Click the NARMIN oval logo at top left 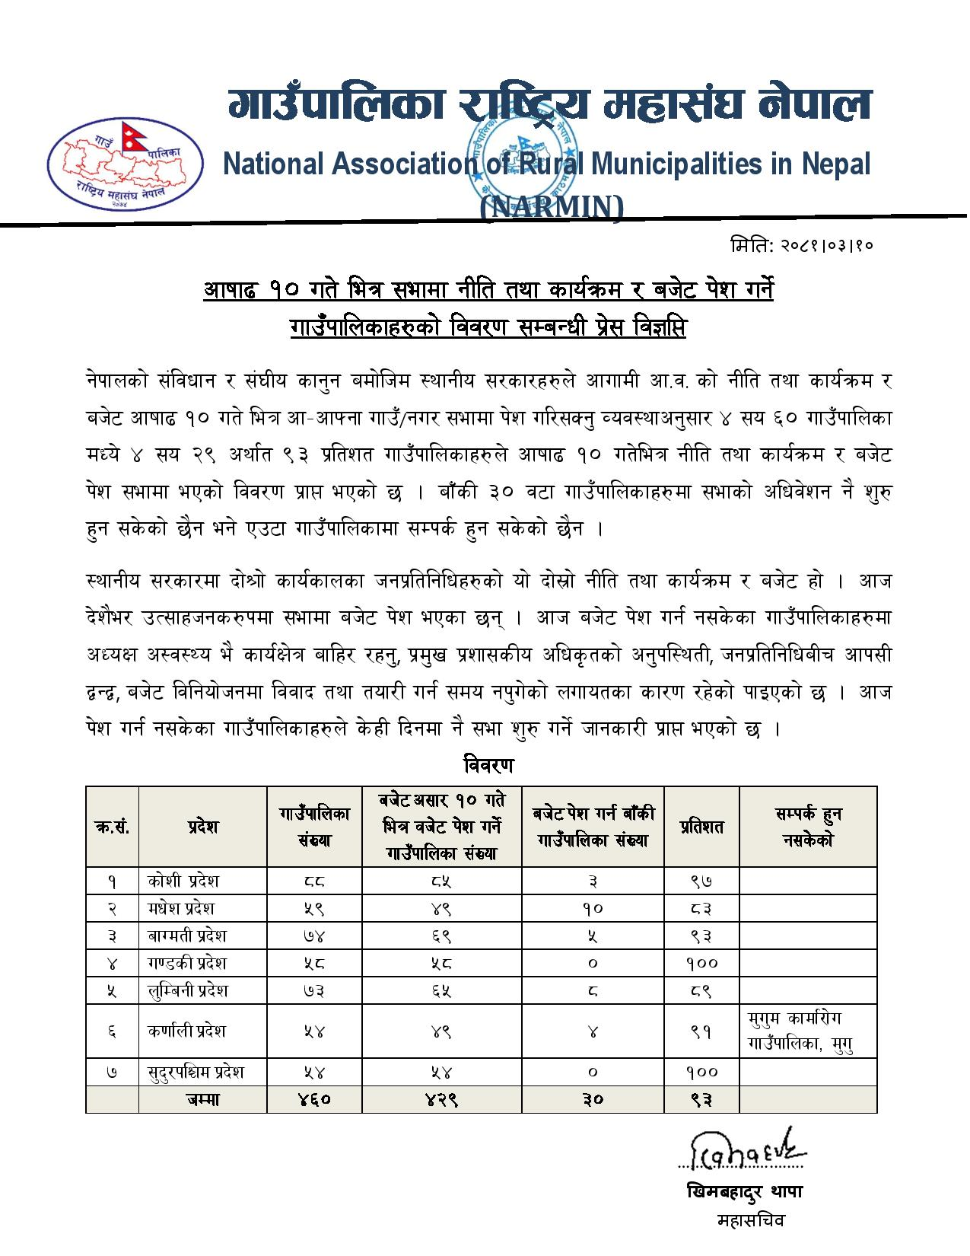126,164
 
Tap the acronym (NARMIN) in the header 552,207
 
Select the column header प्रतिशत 701,827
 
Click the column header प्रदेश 202,827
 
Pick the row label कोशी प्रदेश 183,881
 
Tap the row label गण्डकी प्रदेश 187,963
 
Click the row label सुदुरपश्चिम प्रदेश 196,1072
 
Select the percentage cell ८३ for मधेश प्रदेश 701,908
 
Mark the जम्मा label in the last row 202,1099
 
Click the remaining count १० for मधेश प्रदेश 593,908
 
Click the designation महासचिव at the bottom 750,1220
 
